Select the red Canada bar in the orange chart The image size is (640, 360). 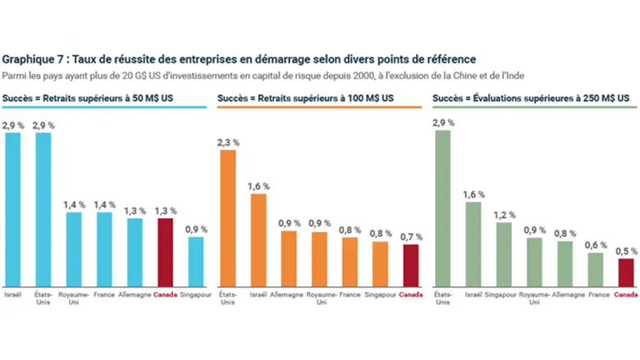pos(410,263)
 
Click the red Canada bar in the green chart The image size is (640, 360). pos(625,271)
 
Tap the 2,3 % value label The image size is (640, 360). pos(228,142)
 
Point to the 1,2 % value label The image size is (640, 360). pos(504,215)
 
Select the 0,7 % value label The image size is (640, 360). pos(410,237)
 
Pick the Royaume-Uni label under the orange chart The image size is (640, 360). pos(320,298)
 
